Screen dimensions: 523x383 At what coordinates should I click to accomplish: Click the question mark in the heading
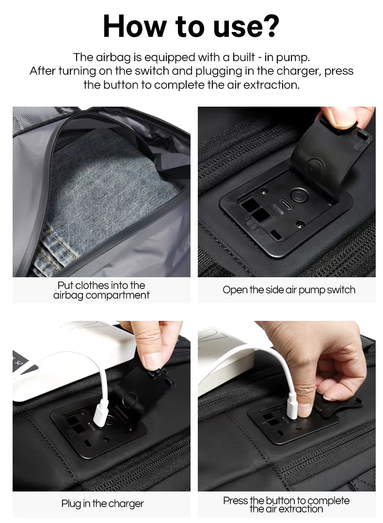(269, 26)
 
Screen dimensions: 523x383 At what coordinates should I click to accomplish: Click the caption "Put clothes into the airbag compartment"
(101, 290)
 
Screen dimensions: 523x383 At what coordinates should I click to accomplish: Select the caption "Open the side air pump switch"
(289, 290)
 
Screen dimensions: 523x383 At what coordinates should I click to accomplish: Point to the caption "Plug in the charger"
(102, 504)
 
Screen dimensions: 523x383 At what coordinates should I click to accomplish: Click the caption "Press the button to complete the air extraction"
(286, 504)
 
